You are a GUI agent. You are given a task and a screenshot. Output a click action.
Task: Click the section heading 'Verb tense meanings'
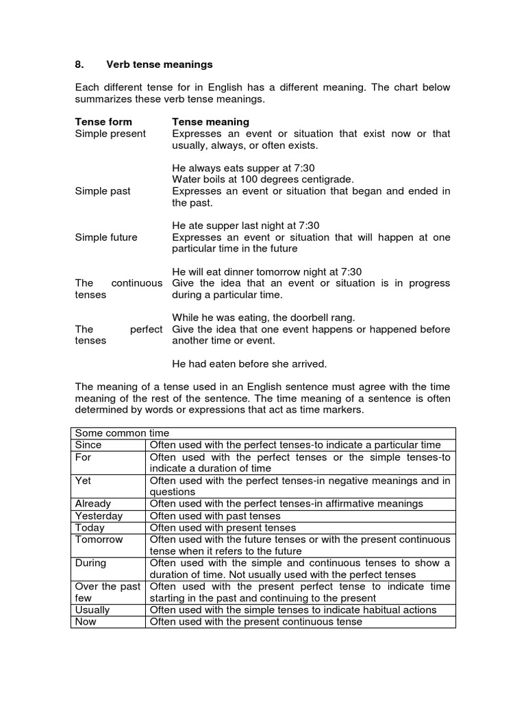[x=159, y=64]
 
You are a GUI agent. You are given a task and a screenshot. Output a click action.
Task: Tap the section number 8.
[x=79, y=64]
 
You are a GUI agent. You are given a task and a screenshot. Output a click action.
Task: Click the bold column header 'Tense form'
[x=103, y=122]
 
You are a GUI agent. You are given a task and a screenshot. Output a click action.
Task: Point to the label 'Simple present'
[x=110, y=134]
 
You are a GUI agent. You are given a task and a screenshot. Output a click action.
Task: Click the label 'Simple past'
[x=103, y=191]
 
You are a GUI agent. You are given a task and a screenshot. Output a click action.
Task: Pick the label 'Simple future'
[x=106, y=237]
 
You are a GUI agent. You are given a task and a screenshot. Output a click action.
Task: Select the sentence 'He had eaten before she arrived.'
[x=249, y=363]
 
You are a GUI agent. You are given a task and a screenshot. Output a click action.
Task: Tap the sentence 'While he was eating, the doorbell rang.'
[x=264, y=317]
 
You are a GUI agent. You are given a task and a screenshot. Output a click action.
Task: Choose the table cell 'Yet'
[x=83, y=481]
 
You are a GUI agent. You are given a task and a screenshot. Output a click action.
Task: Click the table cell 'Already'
[x=92, y=504]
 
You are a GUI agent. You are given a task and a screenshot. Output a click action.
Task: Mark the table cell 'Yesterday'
[x=99, y=516]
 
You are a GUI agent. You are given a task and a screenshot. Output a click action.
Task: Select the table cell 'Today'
[x=90, y=528]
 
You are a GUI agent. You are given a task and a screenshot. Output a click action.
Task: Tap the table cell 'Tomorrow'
[x=99, y=540]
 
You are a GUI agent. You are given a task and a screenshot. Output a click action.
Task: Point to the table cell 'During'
[x=90, y=563]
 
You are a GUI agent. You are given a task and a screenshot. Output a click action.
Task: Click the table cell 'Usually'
[x=92, y=610]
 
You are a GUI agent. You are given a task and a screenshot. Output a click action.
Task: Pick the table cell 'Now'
[x=86, y=622]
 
